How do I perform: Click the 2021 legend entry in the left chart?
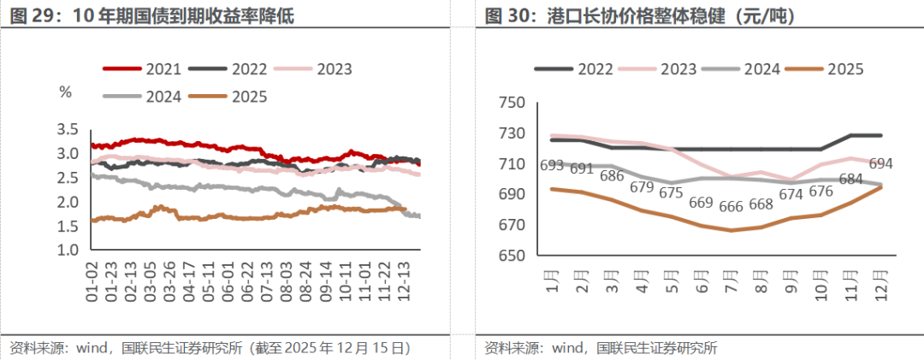point(163,69)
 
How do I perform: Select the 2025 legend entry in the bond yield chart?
point(249,97)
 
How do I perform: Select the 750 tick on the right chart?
point(511,103)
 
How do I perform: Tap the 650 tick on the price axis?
point(511,256)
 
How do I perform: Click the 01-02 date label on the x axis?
point(93,282)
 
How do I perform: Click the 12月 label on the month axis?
point(881,280)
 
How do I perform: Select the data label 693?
point(553,164)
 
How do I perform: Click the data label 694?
point(880,163)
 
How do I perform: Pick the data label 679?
point(642,186)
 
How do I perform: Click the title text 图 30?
point(506,15)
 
